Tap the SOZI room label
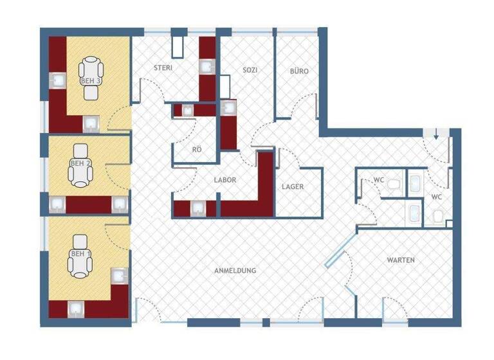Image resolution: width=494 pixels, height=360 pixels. pos(250,70)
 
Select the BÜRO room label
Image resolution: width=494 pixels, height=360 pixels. pos(298,71)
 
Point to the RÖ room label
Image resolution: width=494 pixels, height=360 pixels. pos(197,150)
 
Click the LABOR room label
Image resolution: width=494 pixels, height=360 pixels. pos(225,181)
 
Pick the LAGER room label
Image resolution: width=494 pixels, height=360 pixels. pos(292,186)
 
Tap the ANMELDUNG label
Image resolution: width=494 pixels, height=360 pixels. pos(235,271)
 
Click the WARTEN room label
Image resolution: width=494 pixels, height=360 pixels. pos(400,260)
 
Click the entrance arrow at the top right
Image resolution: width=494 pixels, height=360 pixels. pos(436,134)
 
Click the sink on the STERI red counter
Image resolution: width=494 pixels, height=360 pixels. pos(206,66)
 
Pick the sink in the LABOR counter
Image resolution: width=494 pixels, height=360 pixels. pos(195,207)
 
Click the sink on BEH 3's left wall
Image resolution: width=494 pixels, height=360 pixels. pos(58,79)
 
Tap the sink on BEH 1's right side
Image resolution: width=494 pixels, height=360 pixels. pos(120,276)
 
